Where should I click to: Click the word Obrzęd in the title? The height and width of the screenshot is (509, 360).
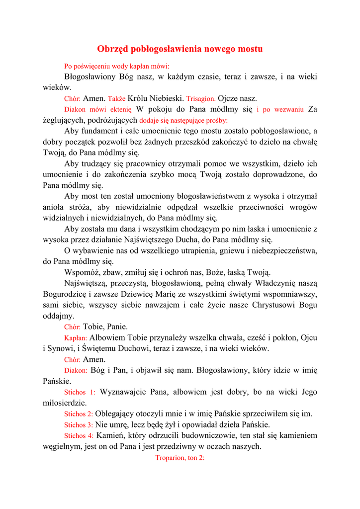pos(112,49)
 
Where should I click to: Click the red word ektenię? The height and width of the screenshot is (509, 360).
pos(121,110)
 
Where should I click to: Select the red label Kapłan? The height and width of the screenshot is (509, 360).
pos(76,338)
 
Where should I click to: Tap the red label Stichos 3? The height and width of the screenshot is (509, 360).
pos(79,425)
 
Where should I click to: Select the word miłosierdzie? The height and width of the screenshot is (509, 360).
pos(65,403)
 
